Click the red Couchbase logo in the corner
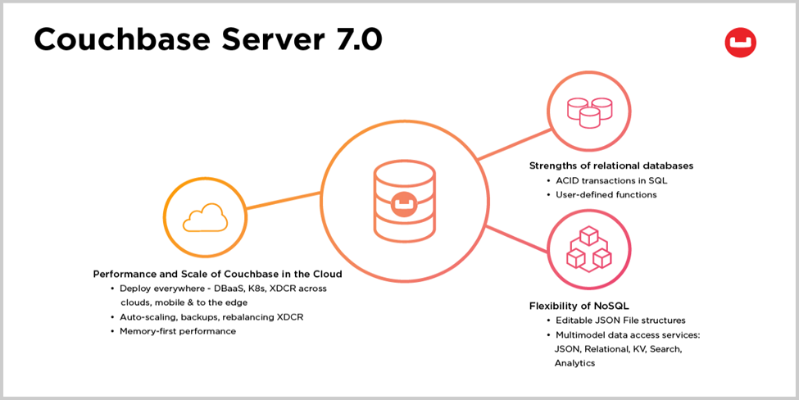[x=740, y=43]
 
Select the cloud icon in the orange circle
[x=204, y=219]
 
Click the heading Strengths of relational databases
[x=611, y=166]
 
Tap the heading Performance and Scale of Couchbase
[x=217, y=274]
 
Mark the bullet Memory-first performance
[x=178, y=331]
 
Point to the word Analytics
[x=574, y=363]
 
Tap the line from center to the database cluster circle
[x=508, y=145]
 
